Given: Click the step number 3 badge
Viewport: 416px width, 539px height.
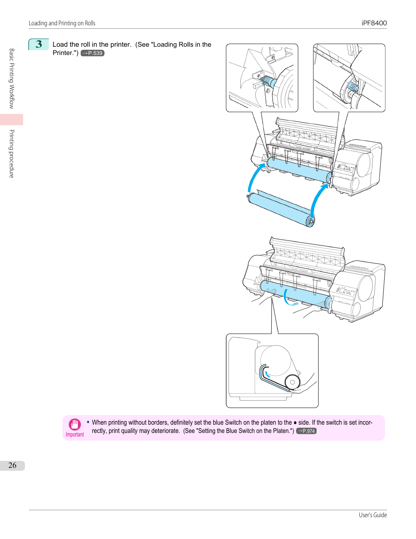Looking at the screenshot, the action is click(39, 45).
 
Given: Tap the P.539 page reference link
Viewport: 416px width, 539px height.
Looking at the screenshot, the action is click(92, 53).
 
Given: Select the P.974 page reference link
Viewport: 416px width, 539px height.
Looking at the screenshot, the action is click(306, 431).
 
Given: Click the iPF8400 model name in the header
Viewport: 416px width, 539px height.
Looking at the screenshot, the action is click(374, 23).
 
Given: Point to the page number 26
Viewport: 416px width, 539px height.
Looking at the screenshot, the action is click(12, 465).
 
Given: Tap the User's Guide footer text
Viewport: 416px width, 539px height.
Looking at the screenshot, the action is click(373, 515).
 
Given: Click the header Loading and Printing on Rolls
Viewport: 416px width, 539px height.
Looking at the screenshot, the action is click(62, 23).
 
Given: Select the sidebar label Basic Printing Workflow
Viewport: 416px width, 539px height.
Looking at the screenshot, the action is click(12, 79).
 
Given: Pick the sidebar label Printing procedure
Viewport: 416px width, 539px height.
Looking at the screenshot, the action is click(12, 154).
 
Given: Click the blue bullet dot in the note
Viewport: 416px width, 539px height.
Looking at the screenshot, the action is click(88, 422).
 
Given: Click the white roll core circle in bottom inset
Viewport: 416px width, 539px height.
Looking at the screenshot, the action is click(292, 382).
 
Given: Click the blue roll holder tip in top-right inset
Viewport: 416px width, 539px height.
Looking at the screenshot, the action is click(353, 86).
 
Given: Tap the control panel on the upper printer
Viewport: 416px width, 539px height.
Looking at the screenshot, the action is click(346, 168).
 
